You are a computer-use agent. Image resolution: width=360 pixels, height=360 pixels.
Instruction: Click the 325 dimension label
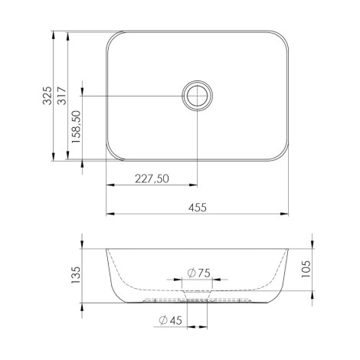coord(47,96)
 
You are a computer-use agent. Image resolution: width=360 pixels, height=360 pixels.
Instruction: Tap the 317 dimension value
coord(62,96)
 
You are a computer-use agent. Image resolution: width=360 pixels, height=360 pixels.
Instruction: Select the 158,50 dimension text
coord(77,126)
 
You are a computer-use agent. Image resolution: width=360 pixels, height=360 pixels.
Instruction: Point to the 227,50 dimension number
coord(152,178)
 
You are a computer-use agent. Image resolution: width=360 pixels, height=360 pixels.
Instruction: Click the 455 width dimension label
coord(198,208)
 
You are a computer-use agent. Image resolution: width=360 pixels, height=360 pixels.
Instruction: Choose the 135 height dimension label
coord(76,275)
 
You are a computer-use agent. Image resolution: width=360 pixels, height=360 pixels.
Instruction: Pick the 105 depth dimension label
coord(306,269)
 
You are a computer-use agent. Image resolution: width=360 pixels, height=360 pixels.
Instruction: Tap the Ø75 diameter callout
coord(198,273)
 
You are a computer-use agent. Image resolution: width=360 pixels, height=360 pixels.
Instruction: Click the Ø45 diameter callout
coord(170,320)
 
